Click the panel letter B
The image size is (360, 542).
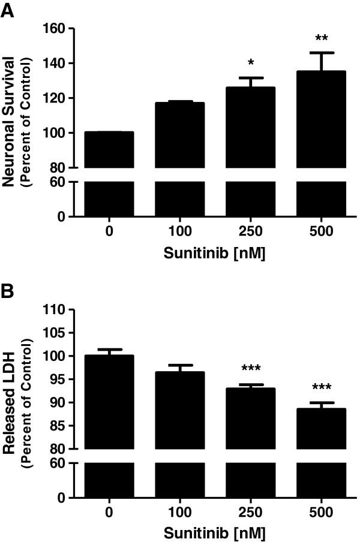pyautogui.click(x=8, y=294)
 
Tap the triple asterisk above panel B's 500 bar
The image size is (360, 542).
pyautogui.click(x=322, y=387)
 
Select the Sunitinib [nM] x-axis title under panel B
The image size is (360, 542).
pyautogui.click(x=214, y=534)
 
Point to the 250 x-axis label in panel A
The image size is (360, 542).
pyautogui.click(x=250, y=231)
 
